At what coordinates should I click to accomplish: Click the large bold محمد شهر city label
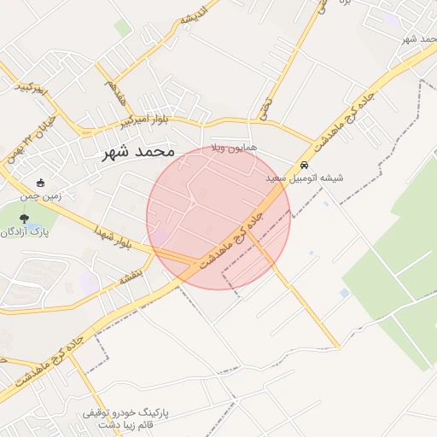tap(137, 152)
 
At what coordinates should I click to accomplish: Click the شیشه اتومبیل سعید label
tap(304, 178)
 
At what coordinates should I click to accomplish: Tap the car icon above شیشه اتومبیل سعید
tap(304, 165)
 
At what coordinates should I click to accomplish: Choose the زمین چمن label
tap(41, 195)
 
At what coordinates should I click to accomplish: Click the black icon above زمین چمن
tap(40, 183)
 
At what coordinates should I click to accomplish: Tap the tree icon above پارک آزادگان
tap(24, 219)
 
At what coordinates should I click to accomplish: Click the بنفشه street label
tap(134, 277)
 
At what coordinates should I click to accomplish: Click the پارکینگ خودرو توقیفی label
tap(125, 412)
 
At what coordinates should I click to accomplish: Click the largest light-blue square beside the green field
tap(344, 293)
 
